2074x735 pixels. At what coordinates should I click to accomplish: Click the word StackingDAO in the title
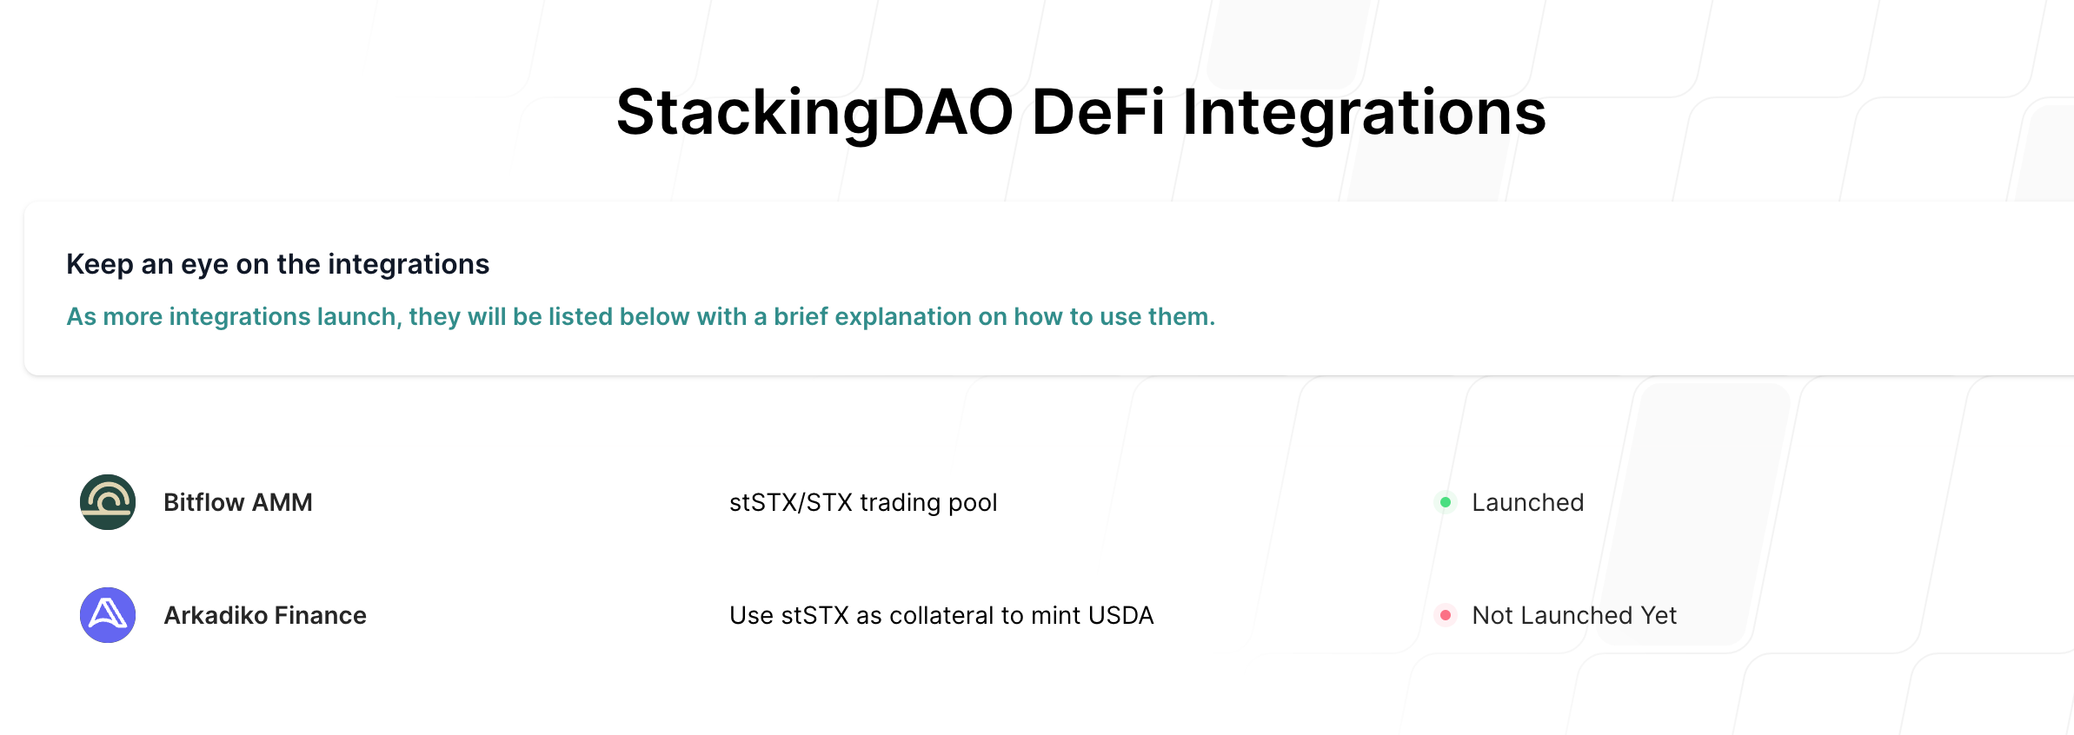pos(814,113)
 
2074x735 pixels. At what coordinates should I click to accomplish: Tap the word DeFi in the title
pos(1098,112)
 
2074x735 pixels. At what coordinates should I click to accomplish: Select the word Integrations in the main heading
pos(1364,114)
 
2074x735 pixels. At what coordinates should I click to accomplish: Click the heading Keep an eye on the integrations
pos(278,264)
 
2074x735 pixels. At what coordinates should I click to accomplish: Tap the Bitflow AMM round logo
pos(108,502)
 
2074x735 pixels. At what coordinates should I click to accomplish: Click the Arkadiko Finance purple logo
pos(108,615)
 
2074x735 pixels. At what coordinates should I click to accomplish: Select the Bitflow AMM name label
pos(238,502)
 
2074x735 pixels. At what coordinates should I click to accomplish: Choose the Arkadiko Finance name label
pos(265,615)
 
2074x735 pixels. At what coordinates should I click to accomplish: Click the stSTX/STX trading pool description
pos(863,503)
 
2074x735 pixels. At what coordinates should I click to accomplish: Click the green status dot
pos(1446,502)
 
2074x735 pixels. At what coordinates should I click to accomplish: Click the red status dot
pos(1446,615)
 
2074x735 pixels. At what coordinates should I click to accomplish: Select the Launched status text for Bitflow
pos(1528,502)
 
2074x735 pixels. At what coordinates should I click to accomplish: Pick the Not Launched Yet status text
pos(1574,615)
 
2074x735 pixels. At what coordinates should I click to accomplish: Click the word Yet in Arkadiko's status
pos(1659,615)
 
